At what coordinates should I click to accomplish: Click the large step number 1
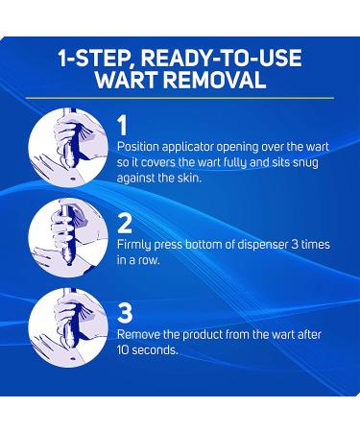point(123,126)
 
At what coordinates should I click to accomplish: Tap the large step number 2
point(125,223)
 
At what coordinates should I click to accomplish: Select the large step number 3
point(125,312)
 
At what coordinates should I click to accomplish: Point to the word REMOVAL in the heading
point(216,79)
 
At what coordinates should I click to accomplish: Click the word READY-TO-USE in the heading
point(221,58)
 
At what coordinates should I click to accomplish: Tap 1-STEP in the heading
point(96,58)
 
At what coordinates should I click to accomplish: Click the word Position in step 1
point(138,147)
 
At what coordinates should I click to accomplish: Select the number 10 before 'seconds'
point(123,350)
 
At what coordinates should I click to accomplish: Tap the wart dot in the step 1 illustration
point(71,179)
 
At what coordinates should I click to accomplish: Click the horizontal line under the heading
point(180,98)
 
